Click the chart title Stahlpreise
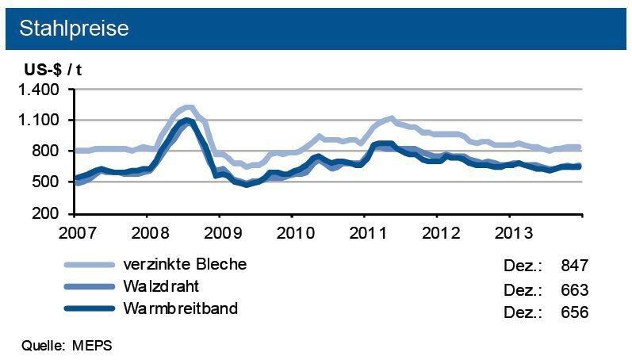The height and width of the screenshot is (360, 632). pos(73,28)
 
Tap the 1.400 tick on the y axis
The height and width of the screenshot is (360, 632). pos(37,90)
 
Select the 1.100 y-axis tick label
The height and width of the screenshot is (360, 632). pos(37,121)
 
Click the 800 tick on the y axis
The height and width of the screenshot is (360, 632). pos(45,151)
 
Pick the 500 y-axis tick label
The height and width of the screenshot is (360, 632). pos(45,182)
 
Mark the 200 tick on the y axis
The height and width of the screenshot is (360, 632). pos(45,214)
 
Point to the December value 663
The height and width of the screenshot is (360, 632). pos(574,289)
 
